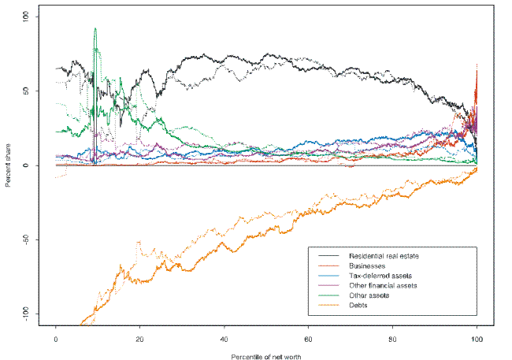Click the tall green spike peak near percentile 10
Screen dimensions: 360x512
point(95,28)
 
